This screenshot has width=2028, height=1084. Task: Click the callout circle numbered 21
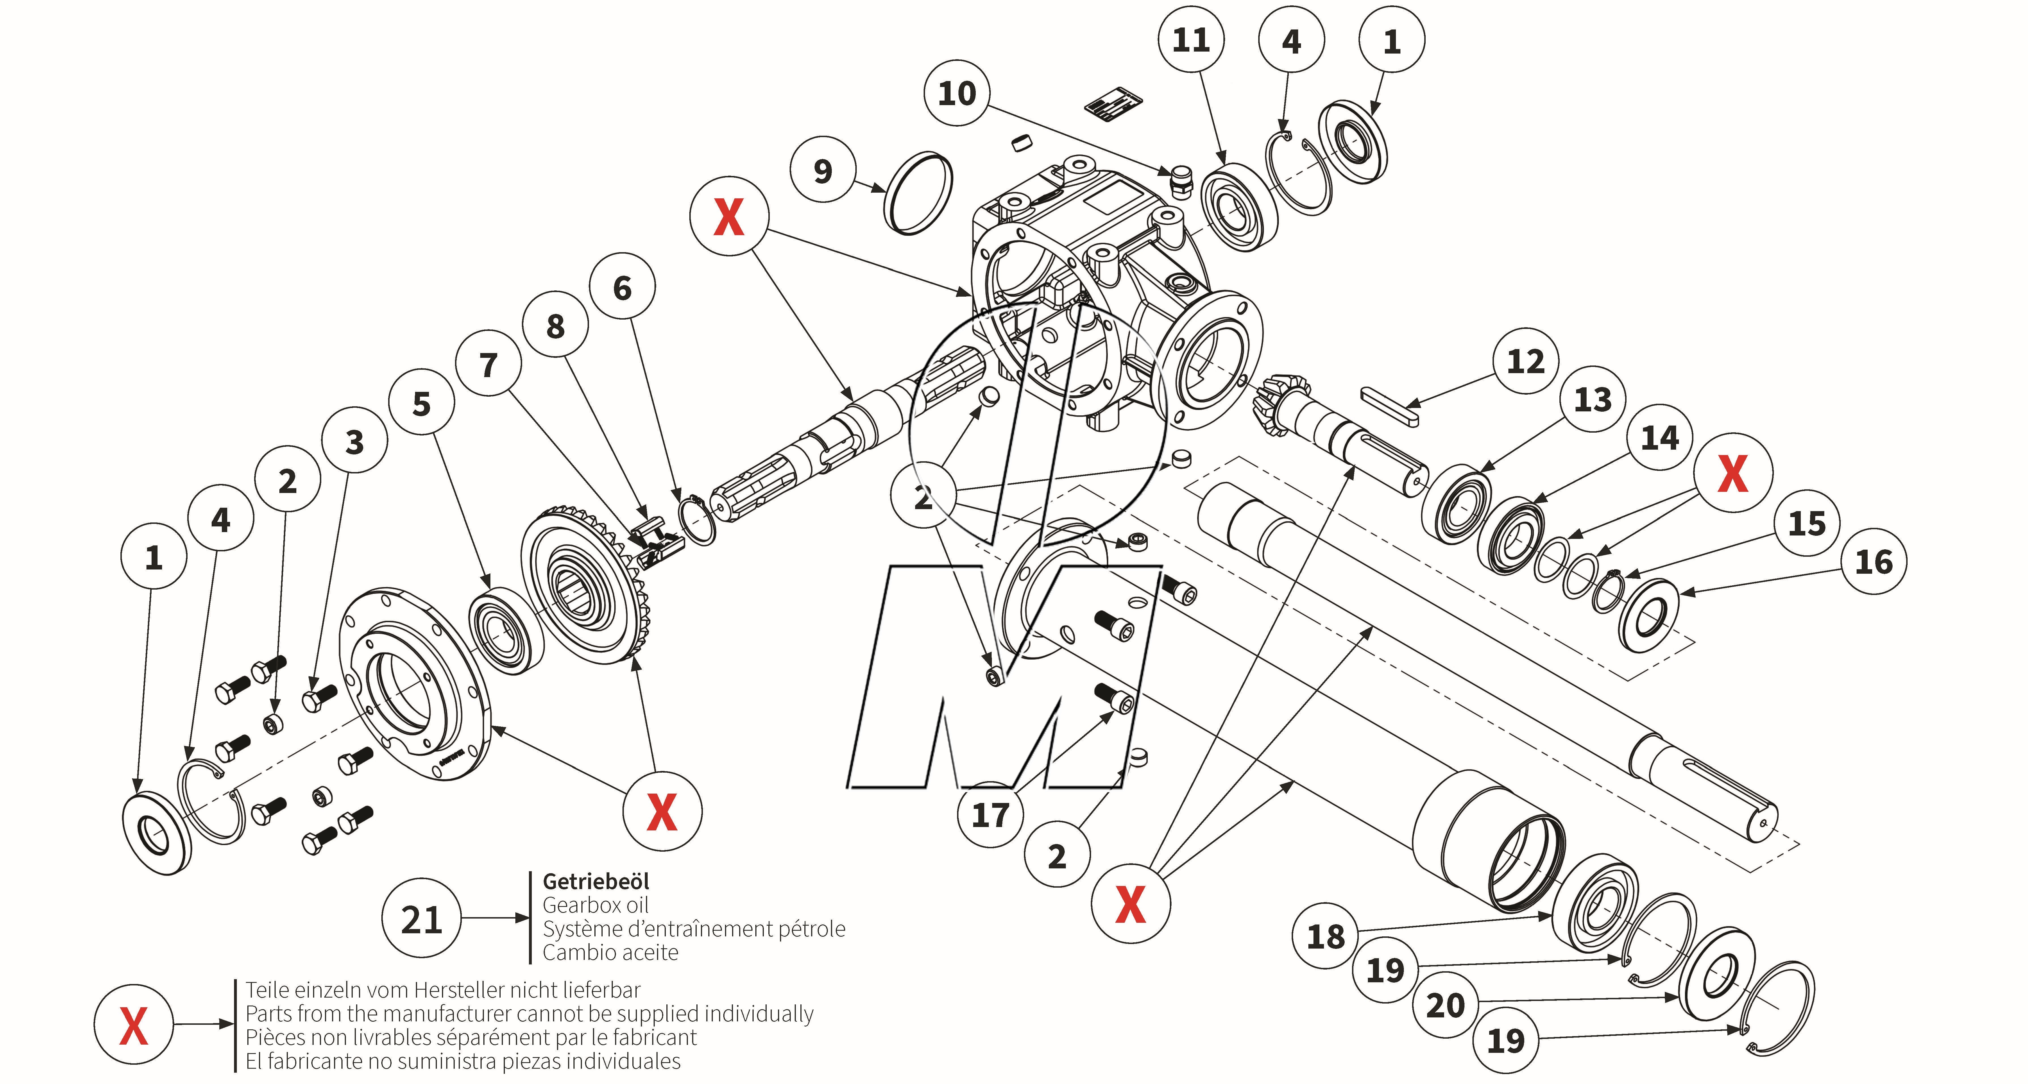421,919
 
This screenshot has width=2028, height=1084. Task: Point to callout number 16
1874,561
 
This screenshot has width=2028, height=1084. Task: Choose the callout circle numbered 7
488,364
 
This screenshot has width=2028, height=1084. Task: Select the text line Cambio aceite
610,953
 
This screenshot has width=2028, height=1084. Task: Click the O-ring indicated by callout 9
919,193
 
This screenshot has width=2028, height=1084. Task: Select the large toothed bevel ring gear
586,586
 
